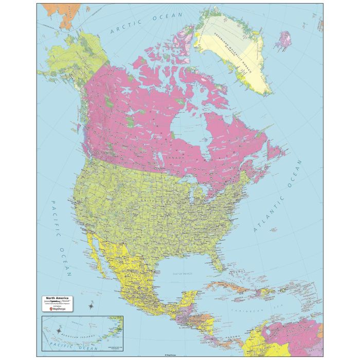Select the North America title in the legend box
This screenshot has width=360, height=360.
click(x=57, y=298)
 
